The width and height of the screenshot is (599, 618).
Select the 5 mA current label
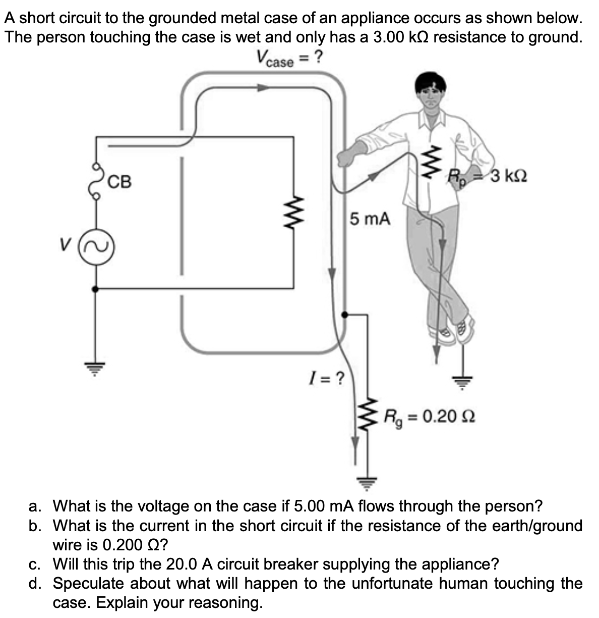[370, 219]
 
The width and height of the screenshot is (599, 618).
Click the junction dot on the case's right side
[344, 314]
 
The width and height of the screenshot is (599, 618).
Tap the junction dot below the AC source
[95, 289]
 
